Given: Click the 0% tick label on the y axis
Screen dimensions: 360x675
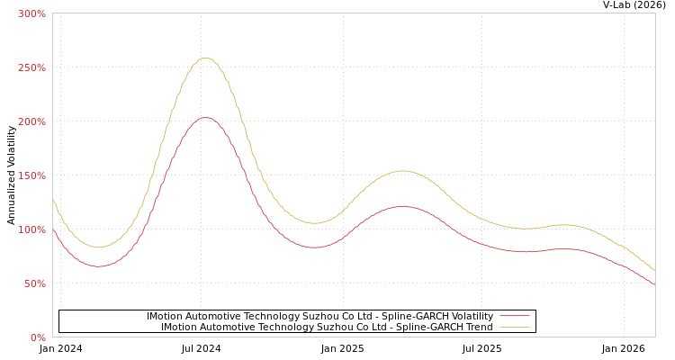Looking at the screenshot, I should (38, 337).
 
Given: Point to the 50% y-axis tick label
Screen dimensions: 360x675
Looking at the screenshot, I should (34, 283).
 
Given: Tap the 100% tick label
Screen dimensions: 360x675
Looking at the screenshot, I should (31, 229).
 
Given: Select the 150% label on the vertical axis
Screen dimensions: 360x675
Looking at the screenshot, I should (31, 175).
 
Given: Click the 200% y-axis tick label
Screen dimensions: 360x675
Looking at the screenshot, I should (31, 121).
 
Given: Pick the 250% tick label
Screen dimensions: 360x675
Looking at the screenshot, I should (31, 67).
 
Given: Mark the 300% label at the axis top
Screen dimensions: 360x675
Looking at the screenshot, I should (31, 13).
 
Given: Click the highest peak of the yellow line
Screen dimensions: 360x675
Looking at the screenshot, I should (205, 58).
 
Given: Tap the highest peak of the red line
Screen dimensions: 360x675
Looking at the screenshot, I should (205, 117).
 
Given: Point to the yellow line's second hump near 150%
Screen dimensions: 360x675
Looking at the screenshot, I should (401, 171).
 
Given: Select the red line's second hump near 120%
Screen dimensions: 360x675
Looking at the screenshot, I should (401, 207).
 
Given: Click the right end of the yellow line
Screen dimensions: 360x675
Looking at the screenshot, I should (654, 270).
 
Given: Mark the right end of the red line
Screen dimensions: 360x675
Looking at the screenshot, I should (654, 284).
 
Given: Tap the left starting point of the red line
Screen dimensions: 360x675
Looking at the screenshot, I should (53, 229).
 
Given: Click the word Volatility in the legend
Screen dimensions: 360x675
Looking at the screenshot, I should (471, 317).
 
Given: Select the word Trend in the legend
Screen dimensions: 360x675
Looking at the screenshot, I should (478, 328).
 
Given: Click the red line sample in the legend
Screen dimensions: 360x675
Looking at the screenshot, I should (514, 317).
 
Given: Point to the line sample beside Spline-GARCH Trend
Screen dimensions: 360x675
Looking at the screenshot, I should (514, 328).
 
